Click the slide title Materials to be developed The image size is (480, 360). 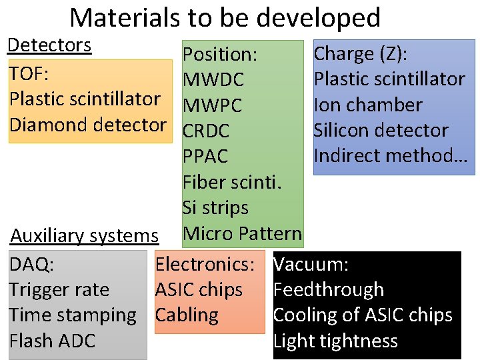tap(225, 17)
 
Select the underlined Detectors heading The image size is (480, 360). tap(49, 45)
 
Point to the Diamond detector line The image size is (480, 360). tap(87, 124)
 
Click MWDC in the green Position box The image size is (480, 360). tap(213, 80)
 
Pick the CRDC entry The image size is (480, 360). tap(206, 131)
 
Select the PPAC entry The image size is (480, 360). tap(205, 157)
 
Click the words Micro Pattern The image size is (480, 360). tap(242, 233)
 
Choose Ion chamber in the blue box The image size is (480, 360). tap(367, 105)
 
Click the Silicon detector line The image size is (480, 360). tap(381, 130)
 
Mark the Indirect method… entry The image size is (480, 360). tap(391, 155)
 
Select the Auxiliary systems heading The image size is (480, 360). tap(84, 235)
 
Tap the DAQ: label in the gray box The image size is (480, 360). tap(31, 265)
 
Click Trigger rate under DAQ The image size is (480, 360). tap(59, 290)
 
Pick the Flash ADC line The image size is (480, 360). tap(52, 341)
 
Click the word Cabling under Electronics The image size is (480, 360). tap(187, 315)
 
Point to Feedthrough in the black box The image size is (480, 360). tap(328, 290)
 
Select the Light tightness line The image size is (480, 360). tap(335, 341)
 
